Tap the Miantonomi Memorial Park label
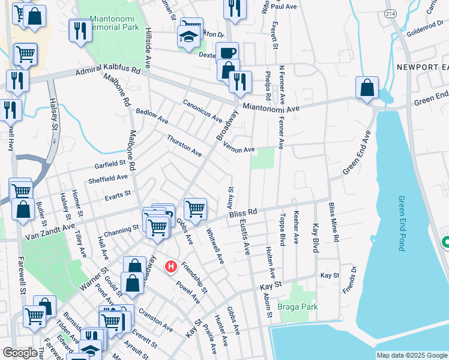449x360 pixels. click(x=113, y=23)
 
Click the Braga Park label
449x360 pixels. click(x=298, y=307)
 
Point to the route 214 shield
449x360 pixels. click(x=390, y=13)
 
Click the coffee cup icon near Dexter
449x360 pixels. click(x=228, y=53)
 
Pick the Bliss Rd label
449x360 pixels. click(x=243, y=214)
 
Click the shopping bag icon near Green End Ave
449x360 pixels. click(x=367, y=88)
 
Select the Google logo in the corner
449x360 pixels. click(x=20, y=353)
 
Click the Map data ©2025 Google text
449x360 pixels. click(x=412, y=355)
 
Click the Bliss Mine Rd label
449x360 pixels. click(x=334, y=223)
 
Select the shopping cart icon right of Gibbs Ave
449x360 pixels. click(x=195, y=209)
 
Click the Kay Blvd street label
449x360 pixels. click(x=315, y=238)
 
